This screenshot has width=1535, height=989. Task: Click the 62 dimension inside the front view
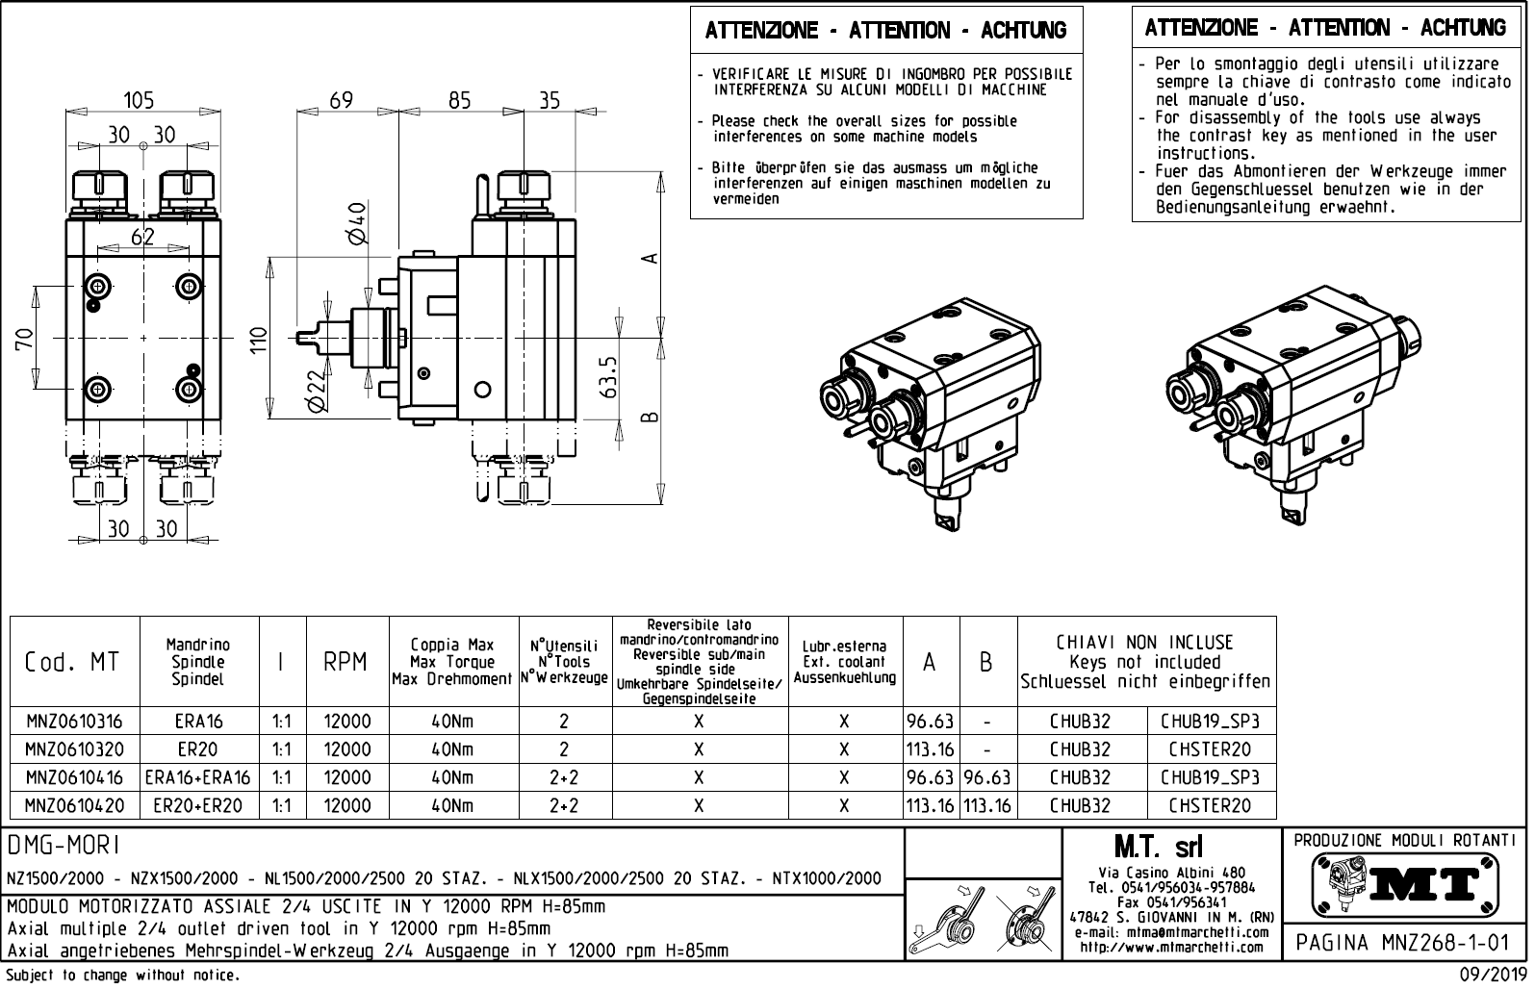point(142,236)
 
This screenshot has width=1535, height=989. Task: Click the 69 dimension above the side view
point(341,100)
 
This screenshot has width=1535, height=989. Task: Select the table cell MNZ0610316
point(75,721)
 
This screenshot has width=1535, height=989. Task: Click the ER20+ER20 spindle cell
point(198,805)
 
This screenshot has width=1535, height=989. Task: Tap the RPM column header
point(345,662)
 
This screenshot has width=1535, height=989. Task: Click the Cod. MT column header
point(73,662)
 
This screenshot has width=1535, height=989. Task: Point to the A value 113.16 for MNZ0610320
point(930,749)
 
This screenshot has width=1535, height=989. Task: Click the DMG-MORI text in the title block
point(64,846)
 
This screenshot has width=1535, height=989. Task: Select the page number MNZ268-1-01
point(1404,941)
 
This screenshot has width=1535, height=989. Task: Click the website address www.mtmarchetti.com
point(1171,948)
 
